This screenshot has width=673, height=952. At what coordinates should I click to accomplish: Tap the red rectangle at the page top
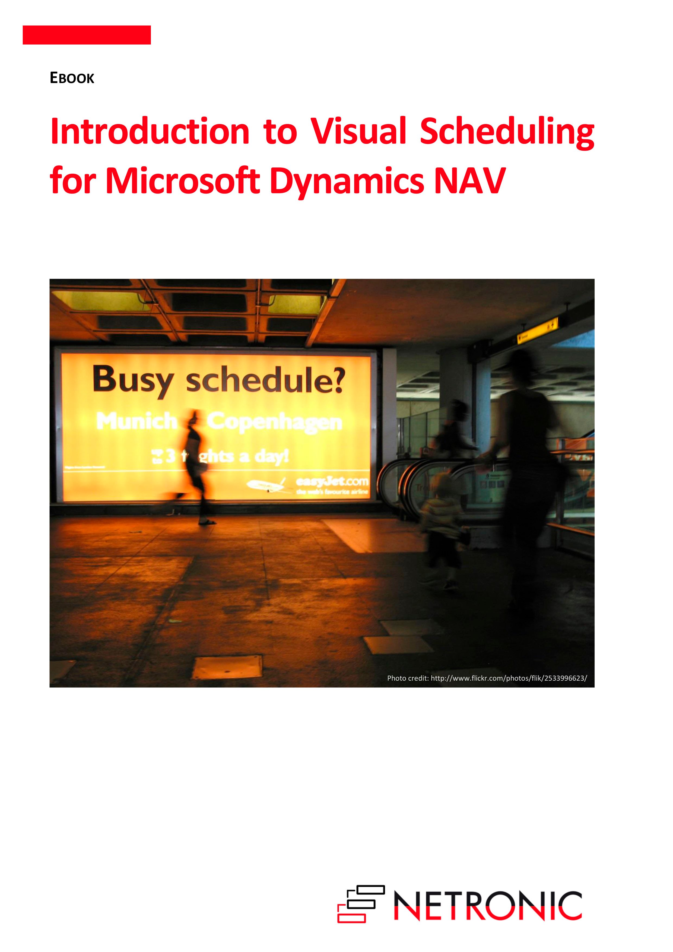coord(87,35)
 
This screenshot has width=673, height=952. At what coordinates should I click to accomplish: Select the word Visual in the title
coord(358,132)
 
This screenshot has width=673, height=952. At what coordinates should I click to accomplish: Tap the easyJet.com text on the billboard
coord(332,481)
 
